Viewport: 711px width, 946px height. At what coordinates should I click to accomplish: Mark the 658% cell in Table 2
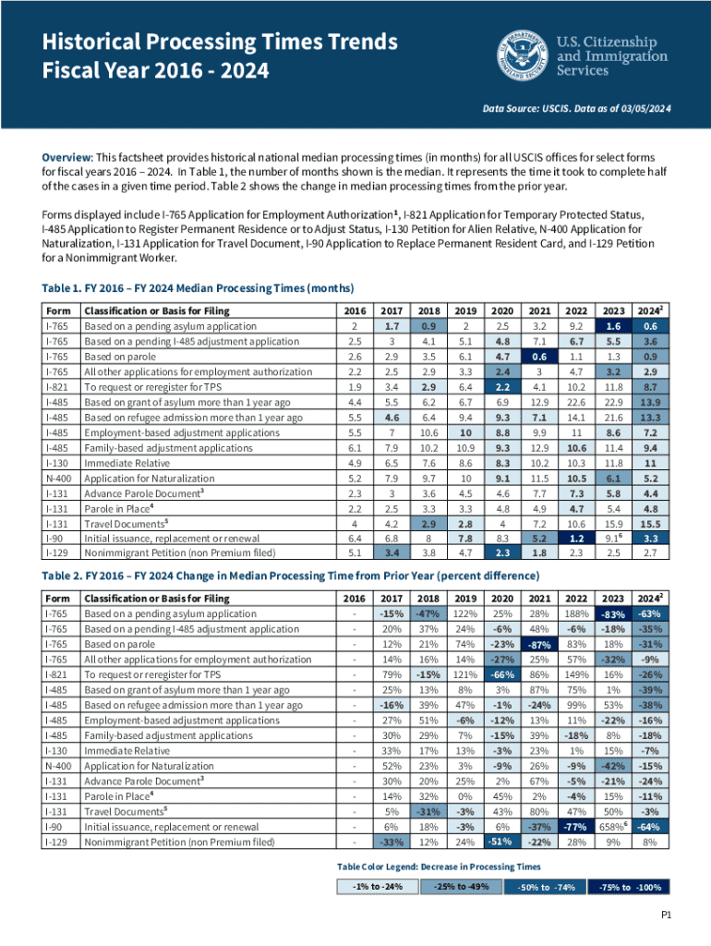(x=609, y=799)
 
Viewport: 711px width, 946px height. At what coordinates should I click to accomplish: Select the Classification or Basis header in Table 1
(x=157, y=310)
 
